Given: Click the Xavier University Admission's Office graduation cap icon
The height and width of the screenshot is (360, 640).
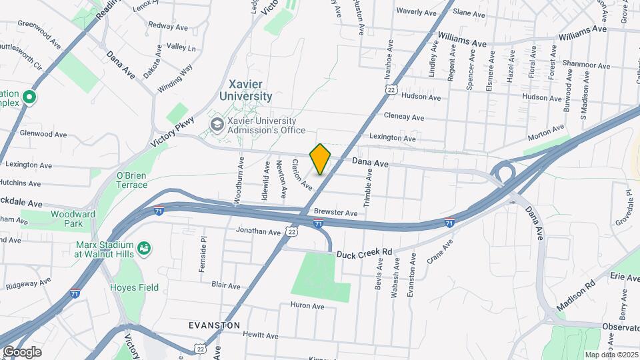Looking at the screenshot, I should point(217,125).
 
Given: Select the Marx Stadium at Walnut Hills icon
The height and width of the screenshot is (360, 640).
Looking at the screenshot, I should point(143,249).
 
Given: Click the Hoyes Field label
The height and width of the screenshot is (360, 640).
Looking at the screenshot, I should point(134,287).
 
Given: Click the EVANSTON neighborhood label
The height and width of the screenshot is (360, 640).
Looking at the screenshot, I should point(214,325).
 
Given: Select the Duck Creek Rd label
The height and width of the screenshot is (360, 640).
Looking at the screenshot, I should point(364,253).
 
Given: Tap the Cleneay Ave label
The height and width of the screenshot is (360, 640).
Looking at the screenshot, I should point(403,117).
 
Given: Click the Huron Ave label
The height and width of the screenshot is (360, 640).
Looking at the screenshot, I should point(307,306).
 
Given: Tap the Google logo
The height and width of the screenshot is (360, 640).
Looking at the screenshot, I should point(21,351).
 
